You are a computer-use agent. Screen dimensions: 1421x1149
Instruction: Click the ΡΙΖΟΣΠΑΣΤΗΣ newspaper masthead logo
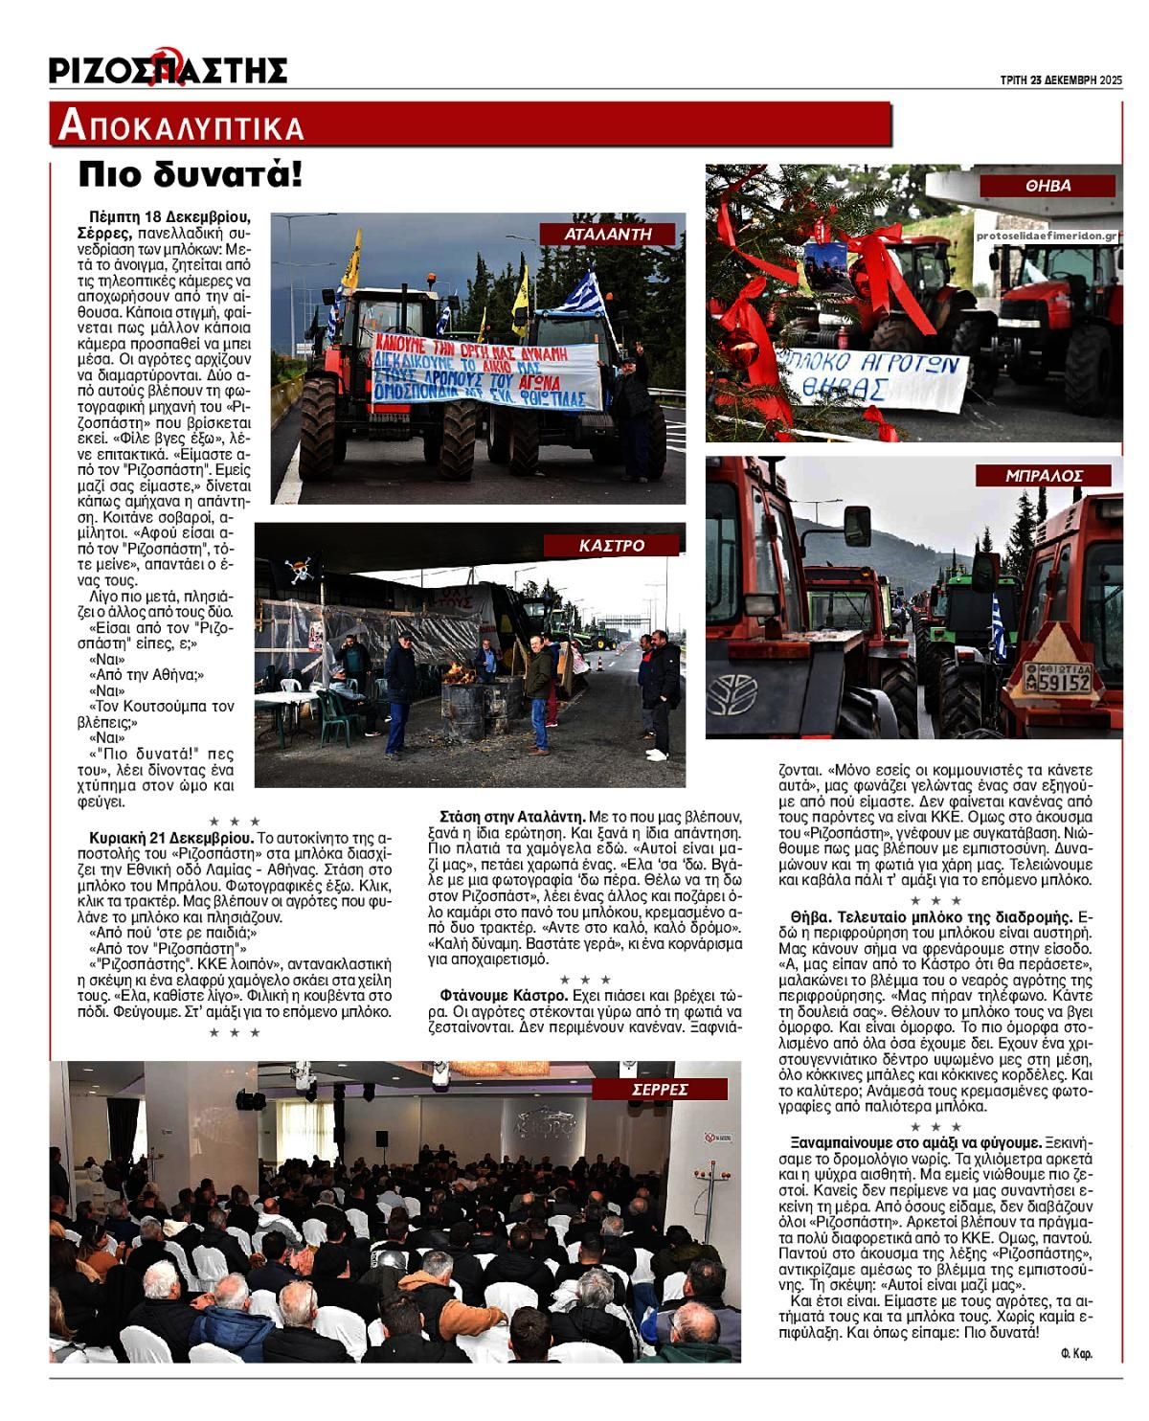[169, 69]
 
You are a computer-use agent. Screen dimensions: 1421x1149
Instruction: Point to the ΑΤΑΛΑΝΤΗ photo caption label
[608, 233]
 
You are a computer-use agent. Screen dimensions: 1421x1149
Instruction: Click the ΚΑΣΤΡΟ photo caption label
[612, 545]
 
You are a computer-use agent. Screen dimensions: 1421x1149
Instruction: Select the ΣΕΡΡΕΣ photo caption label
[660, 1089]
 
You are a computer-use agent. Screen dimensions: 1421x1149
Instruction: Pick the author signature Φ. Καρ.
[1076, 1353]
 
